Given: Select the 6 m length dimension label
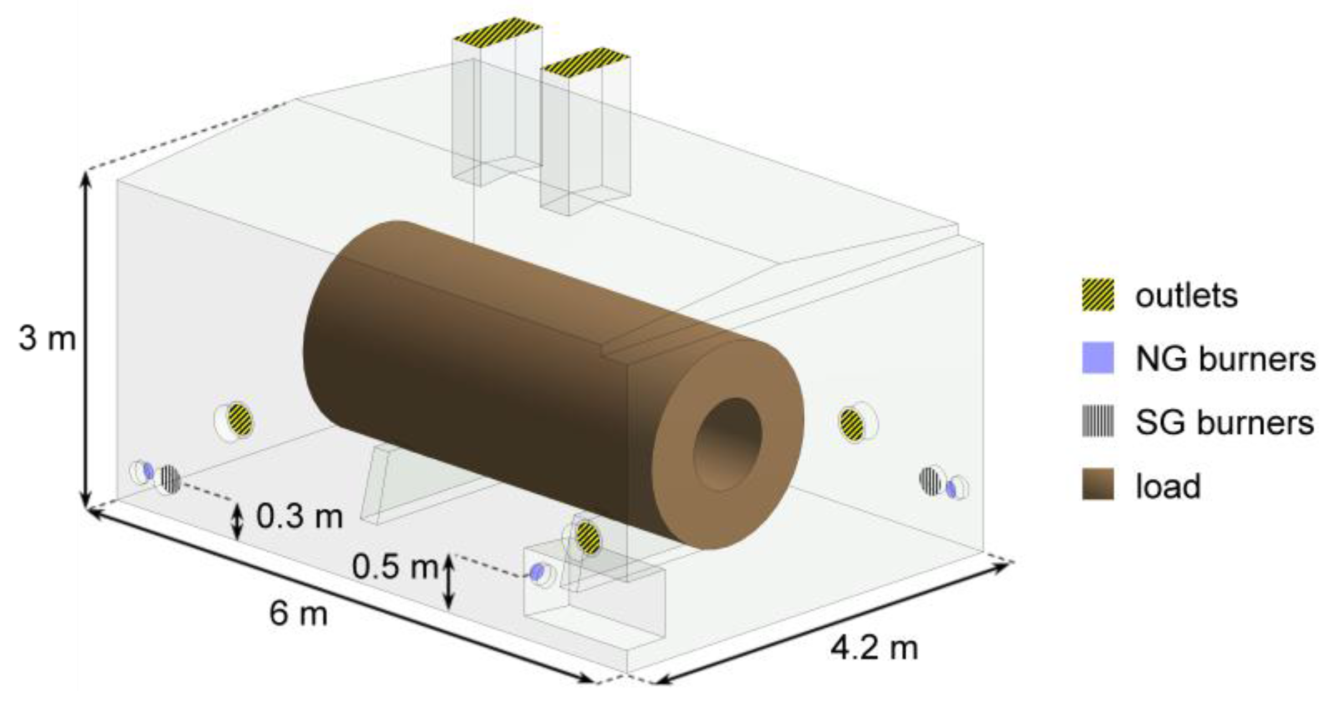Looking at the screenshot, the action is [x=298, y=613].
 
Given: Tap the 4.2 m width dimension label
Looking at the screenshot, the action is [x=874, y=647].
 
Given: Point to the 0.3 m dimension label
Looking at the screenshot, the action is [x=300, y=516].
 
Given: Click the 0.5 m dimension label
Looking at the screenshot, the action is [x=395, y=567].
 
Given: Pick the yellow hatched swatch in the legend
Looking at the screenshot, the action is [x=1098, y=295].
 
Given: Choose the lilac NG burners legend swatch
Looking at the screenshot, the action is [x=1098, y=358].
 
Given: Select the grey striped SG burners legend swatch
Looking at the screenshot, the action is [x=1098, y=422].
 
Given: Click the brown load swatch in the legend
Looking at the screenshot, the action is [x=1098, y=484].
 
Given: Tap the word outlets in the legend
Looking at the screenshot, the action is [x=1186, y=296].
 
